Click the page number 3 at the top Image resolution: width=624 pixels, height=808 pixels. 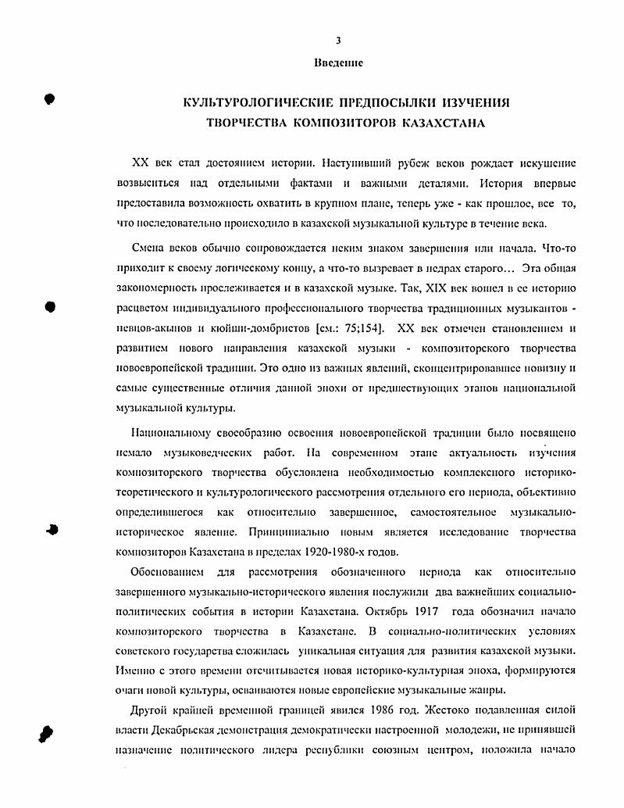[x=337, y=41]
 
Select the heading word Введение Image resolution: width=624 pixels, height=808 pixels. [x=337, y=62]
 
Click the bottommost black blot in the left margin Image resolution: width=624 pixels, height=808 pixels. [x=46, y=733]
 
